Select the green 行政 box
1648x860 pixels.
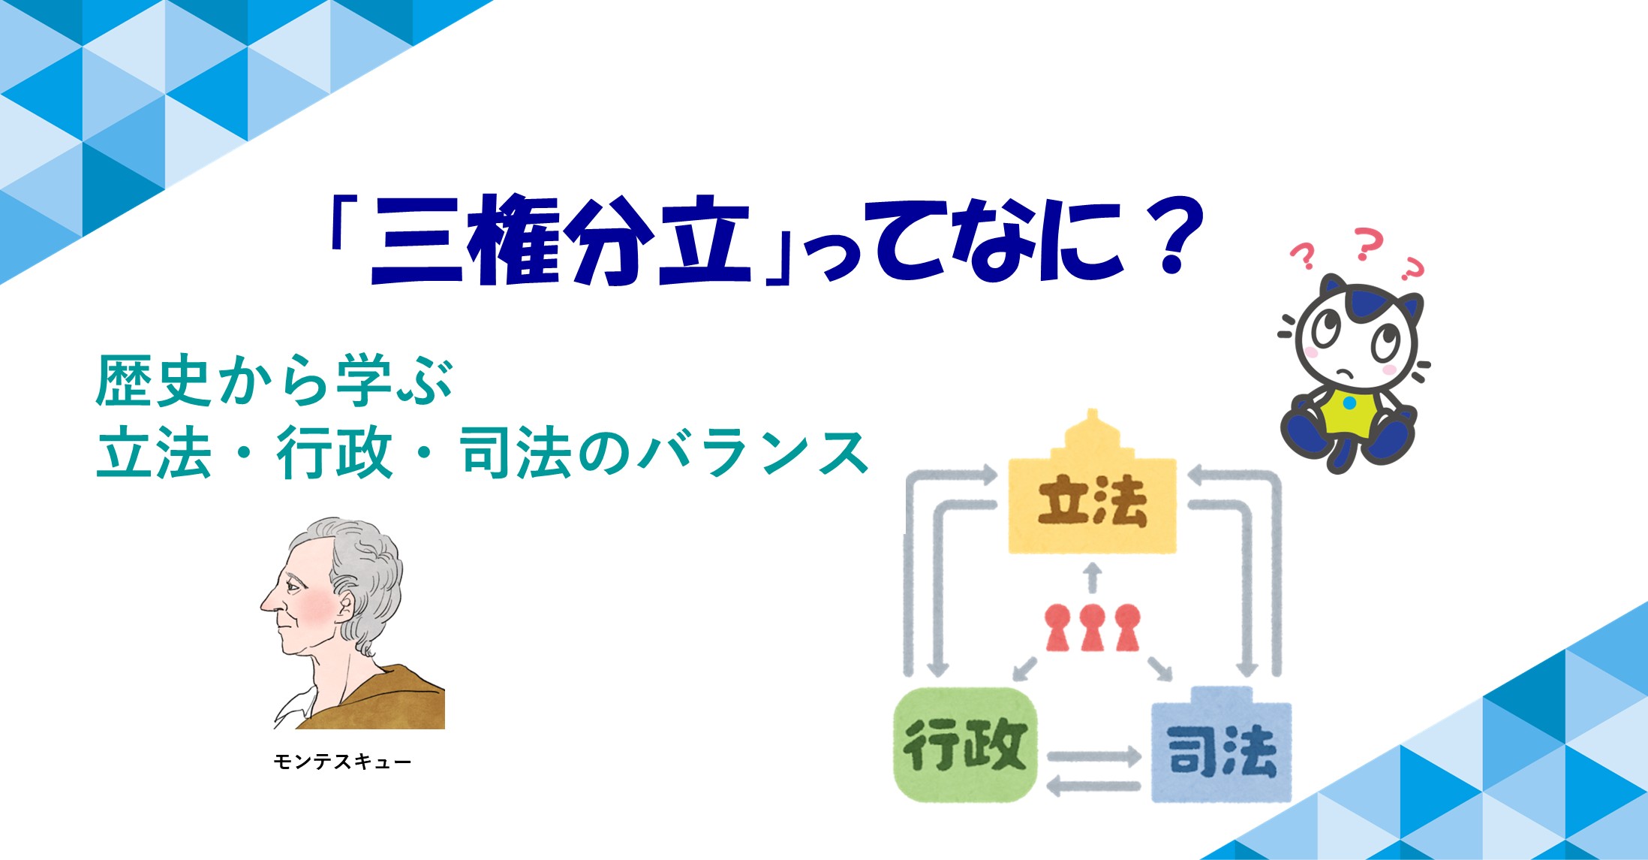point(965,744)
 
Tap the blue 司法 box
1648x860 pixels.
point(1221,748)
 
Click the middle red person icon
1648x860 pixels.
point(1093,628)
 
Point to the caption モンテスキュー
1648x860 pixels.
point(342,762)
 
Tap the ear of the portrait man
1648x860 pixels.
point(346,605)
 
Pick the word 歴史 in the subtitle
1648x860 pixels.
point(153,381)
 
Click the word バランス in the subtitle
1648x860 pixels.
point(753,453)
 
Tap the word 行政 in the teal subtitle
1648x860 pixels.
point(335,453)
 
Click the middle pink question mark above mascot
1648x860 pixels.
point(1368,244)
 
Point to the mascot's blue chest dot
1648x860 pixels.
point(1349,403)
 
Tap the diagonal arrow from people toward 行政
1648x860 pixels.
point(1025,668)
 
